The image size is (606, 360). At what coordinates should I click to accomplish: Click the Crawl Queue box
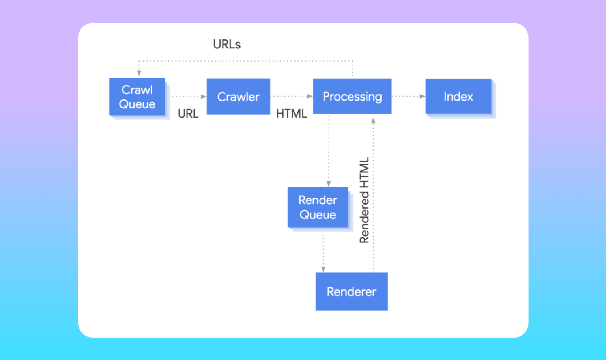point(137,97)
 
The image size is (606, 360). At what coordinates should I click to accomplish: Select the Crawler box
point(238,97)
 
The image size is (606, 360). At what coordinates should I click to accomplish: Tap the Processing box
point(352,96)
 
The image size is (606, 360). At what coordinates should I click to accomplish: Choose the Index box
point(458,96)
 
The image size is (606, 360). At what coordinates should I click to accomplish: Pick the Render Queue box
point(318,207)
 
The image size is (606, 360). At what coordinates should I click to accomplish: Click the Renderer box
point(351,291)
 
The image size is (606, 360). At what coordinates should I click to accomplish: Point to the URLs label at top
point(227,44)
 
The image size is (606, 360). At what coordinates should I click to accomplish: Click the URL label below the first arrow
point(188,114)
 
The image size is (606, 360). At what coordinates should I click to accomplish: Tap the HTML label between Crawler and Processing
point(291,114)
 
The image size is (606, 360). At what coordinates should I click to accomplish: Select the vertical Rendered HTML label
point(364,200)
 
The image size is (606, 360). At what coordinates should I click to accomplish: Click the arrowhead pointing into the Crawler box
point(204,97)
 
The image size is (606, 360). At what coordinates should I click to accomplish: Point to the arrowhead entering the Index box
point(422,96)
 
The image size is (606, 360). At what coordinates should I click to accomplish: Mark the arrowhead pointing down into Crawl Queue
point(139,73)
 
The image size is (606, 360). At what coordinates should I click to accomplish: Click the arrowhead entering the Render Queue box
point(329,183)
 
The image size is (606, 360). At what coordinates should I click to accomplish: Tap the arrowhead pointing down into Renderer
point(323,269)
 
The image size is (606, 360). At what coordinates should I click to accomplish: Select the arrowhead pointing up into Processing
point(373,121)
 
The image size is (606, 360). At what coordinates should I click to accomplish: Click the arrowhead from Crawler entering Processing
point(310,96)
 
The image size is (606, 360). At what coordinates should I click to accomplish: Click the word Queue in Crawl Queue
point(137,104)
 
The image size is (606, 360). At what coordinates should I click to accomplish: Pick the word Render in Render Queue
point(318,200)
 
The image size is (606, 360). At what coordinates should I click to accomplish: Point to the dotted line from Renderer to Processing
point(373,197)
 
